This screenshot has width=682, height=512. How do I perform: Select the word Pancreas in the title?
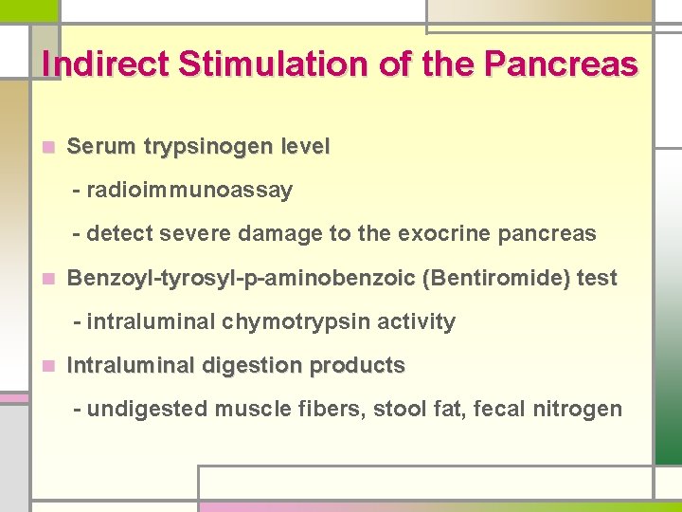pyautogui.click(x=561, y=64)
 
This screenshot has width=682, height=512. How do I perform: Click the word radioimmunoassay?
pyautogui.click(x=189, y=191)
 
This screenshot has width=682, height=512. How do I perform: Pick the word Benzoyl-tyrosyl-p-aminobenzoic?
pyautogui.click(x=242, y=279)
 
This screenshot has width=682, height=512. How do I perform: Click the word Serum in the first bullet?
pyautogui.click(x=100, y=148)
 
